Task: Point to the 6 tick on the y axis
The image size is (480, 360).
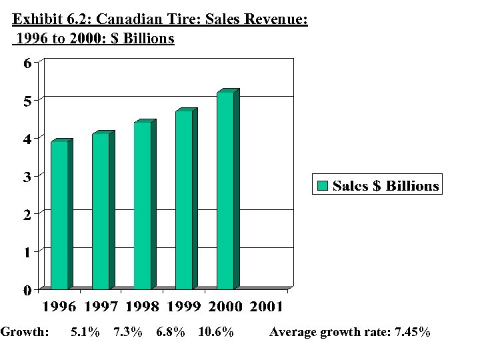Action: point(27,63)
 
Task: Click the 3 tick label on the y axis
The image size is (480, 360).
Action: point(27,177)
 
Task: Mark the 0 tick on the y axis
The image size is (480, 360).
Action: point(27,290)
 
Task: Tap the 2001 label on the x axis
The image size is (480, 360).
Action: point(267,307)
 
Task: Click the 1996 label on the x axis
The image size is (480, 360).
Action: point(60,307)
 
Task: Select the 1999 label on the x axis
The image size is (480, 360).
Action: point(184,307)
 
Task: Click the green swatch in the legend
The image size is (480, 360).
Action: point(323,186)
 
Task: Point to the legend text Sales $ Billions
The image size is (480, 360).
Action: point(386,186)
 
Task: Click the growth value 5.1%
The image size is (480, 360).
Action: point(85,332)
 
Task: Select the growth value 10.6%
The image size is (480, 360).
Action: point(216,332)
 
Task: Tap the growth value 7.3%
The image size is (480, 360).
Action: point(128,332)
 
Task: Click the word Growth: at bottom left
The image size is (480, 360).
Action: point(25,332)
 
